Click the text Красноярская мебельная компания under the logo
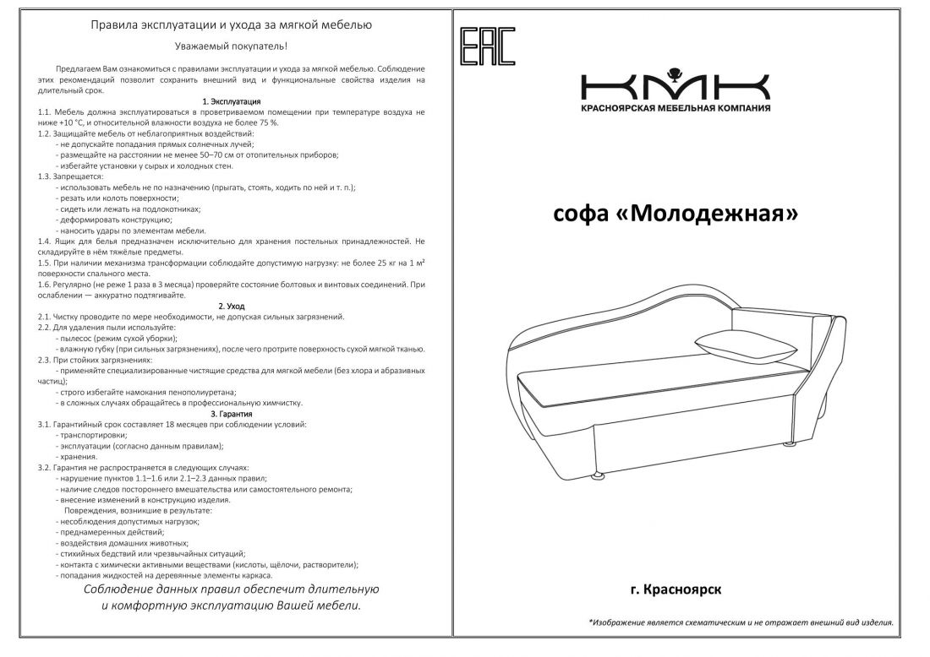click(676, 109)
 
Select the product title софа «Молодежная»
click(676, 214)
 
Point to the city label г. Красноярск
click(676, 590)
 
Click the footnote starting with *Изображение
click(741, 622)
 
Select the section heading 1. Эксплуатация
click(232, 101)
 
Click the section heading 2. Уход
click(232, 306)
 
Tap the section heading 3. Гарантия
click(232, 414)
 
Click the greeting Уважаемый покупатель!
click(232, 46)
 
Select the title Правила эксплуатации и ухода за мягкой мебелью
click(232, 25)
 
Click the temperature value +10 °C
click(57, 122)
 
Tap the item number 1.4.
click(45, 242)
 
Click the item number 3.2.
click(45, 467)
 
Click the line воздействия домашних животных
click(122, 544)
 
